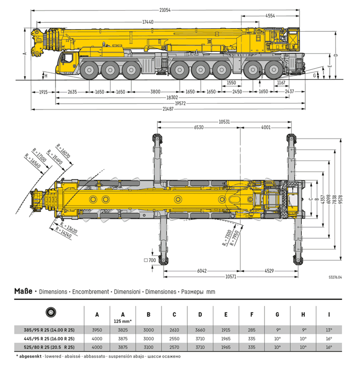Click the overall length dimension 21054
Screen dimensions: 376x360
click(165, 10)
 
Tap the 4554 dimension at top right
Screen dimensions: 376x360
click(270, 16)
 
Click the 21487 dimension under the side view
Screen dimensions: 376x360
click(168, 108)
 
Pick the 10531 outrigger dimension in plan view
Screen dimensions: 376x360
click(224, 121)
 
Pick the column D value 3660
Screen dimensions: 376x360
click(200, 329)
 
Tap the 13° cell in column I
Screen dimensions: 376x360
click(329, 329)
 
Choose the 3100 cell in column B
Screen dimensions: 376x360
click(149, 347)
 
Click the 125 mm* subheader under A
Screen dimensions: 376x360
click(123, 320)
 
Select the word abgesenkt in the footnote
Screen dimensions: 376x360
click(32, 356)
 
